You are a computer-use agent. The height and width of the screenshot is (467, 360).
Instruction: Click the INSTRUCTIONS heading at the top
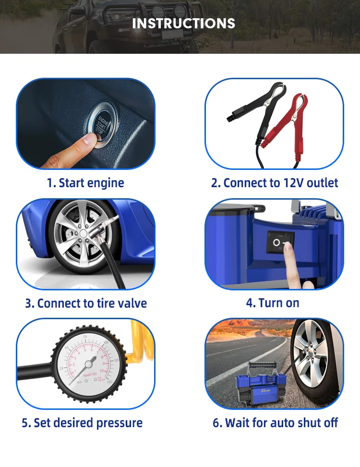coord(183,23)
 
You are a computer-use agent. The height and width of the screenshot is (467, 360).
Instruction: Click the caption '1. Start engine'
coord(85,183)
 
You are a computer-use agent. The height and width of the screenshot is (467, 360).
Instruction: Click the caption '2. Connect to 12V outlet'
coord(275,183)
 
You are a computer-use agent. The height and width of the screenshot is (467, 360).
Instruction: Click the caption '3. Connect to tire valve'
coord(85,303)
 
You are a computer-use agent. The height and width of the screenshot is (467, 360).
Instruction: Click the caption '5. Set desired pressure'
coord(82,423)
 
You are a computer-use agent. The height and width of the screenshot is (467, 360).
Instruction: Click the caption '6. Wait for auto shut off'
coord(276,423)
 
